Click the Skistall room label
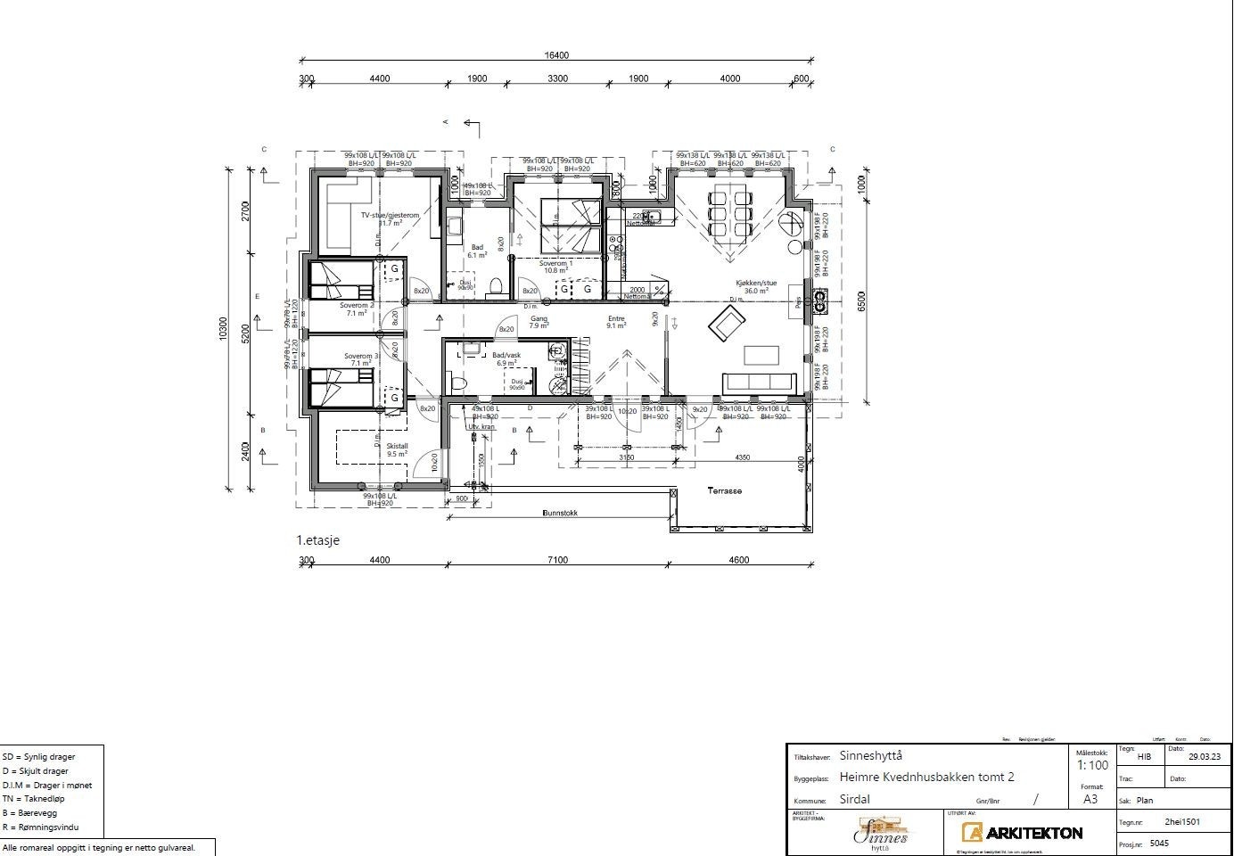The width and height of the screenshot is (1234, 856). [x=398, y=445]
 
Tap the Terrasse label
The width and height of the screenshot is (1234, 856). [x=725, y=490]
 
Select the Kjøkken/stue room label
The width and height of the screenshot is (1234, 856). [x=756, y=284]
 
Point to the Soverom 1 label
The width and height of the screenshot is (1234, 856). [x=556, y=264]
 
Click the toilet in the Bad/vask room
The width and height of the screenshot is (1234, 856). [x=458, y=383]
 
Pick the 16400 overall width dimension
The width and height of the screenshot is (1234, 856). [x=556, y=55]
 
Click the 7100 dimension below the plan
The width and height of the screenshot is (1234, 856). [x=556, y=561]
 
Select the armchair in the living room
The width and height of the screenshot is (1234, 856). [x=727, y=323]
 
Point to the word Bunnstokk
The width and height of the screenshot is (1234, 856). [x=560, y=514]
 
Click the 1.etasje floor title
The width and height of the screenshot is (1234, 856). [x=318, y=540]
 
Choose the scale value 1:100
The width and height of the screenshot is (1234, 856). [x=1092, y=765]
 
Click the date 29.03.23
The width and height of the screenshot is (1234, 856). [x=1205, y=756]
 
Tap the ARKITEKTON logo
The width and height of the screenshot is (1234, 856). [x=1022, y=833]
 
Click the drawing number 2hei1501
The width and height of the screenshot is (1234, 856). [x=1182, y=822]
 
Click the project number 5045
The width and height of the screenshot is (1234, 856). [x=1159, y=844]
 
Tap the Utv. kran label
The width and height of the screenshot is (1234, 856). [x=481, y=427]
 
